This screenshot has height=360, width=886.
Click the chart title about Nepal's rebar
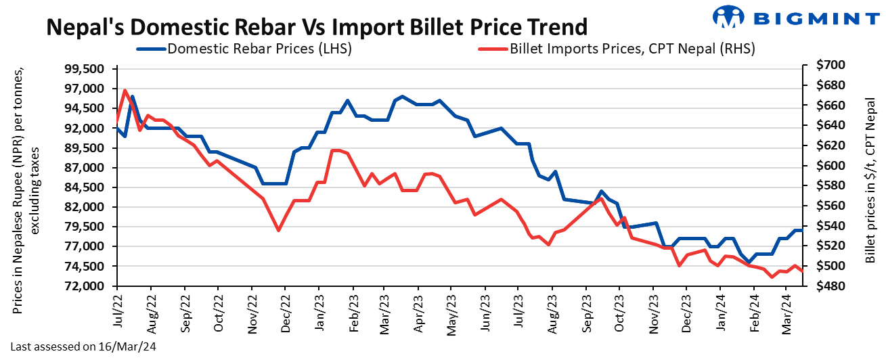(316, 26)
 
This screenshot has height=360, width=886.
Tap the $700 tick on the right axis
(830, 66)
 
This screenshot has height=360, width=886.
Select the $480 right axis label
(830, 286)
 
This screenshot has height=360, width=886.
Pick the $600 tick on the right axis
(830, 166)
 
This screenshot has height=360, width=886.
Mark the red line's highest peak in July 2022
(125, 90)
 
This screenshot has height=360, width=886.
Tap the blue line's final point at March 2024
(802, 231)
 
